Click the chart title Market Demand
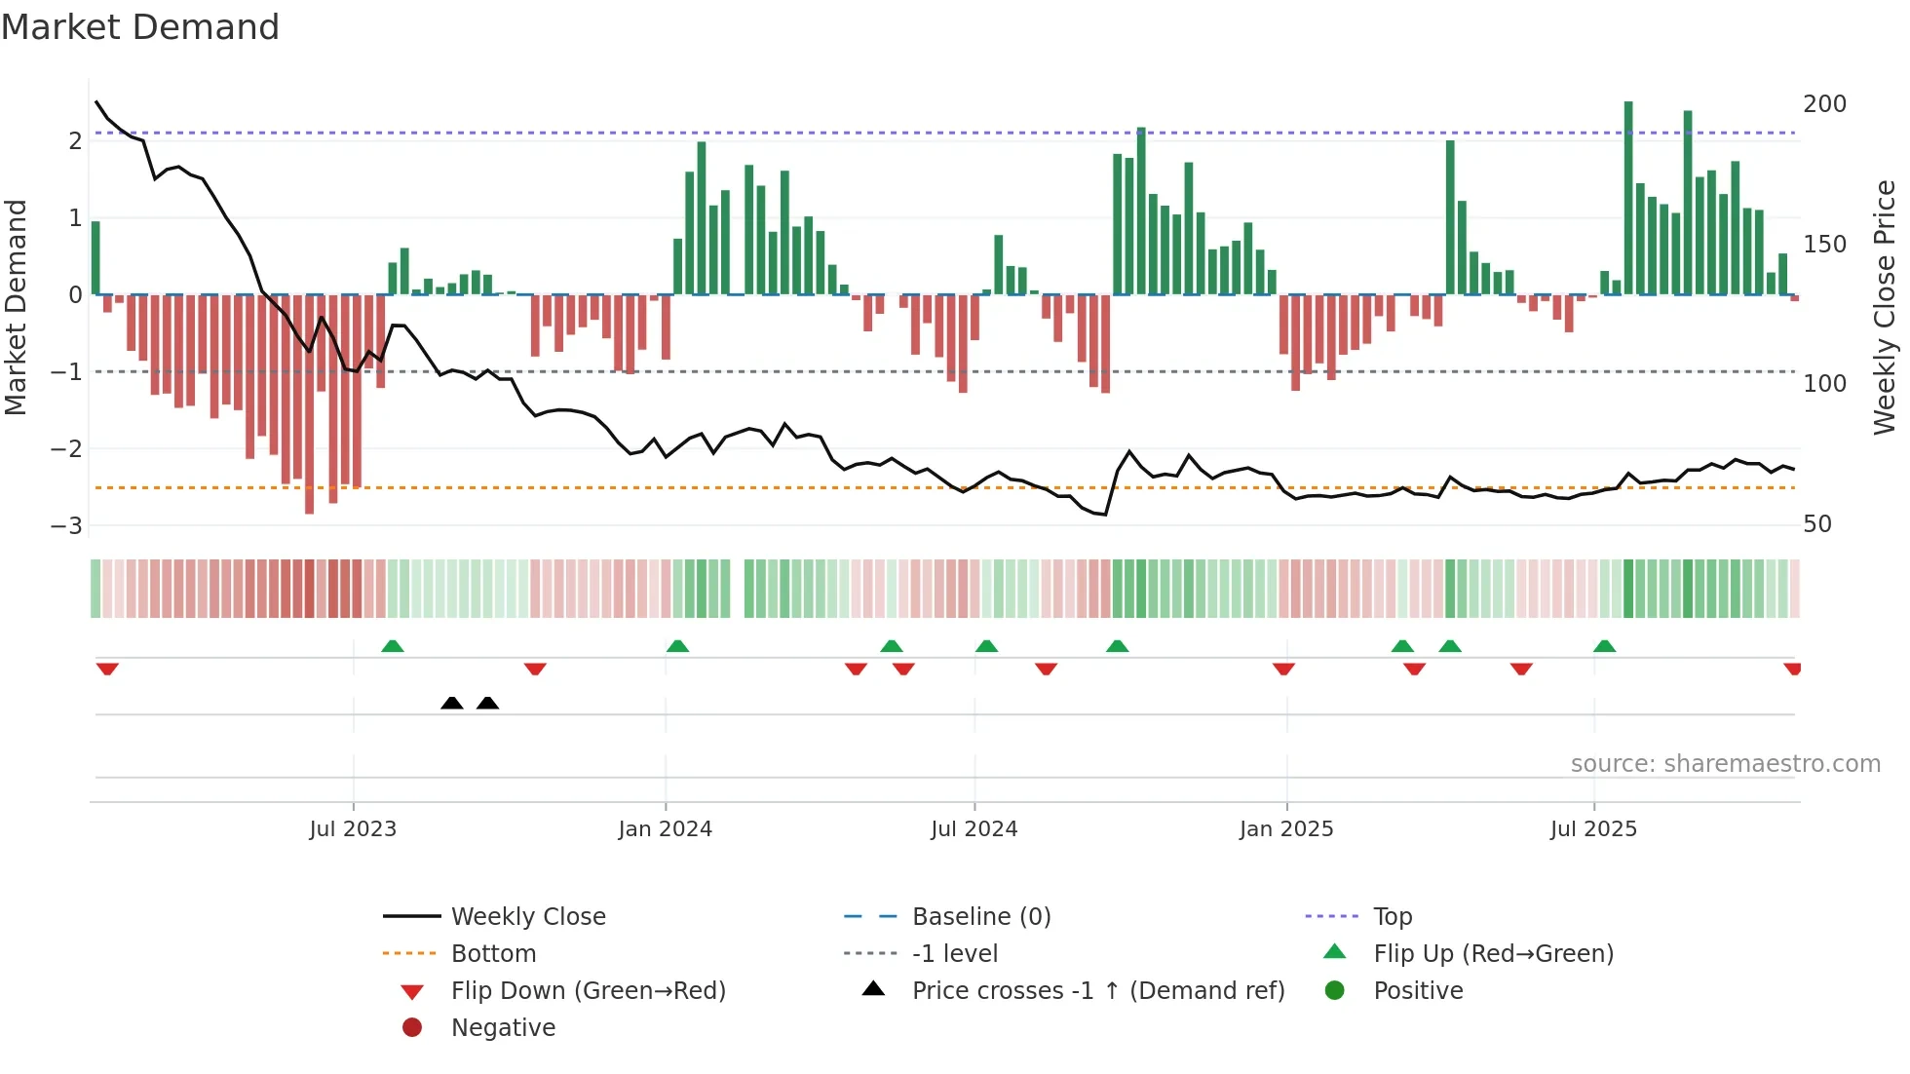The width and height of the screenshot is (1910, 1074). pyautogui.click(x=140, y=27)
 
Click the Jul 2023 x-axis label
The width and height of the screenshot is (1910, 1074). pyautogui.click(x=353, y=829)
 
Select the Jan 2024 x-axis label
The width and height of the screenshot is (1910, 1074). pyautogui.click(x=665, y=829)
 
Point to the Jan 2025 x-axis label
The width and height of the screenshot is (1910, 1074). pyautogui.click(x=1286, y=829)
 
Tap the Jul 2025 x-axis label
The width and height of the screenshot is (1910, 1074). pyautogui.click(x=1593, y=829)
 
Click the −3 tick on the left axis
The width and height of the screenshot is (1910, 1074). pyautogui.click(x=66, y=526)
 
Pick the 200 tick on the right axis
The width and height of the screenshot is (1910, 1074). pyautogui.click(x=1824, y=104)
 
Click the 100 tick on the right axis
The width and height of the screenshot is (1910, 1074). pyautogui.click(x=1824, y=384)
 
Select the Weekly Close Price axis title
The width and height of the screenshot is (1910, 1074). pyautogui.click(x=1885, y=307)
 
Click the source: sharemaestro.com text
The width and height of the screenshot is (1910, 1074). pyautogui.click(x=1725, y=764)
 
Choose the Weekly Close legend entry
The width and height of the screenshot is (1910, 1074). pyautogui.click(x=527, y=917)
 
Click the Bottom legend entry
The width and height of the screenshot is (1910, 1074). pyautogui.click(x=493, y=954)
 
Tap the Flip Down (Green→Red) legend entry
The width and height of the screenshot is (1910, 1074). pyautogui.click(x=588, y=991)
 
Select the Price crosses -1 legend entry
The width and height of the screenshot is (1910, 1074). pyautogui.click(x=1097, y=991)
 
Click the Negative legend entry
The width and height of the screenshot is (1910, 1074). pyautogui.click(x=503, y=1028)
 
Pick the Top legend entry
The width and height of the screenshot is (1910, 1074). pyautogui.click(x=1393, y=917)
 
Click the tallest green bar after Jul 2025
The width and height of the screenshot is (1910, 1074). pyautogui.click(x=1628, y=195)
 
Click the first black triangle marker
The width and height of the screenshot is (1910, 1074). pyautogui.click(x=451, y=703)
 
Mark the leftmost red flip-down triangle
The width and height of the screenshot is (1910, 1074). pyautogui.click(x=107, y=669)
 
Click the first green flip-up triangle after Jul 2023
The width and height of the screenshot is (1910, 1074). pyautogui.click(x=392, y=646)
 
